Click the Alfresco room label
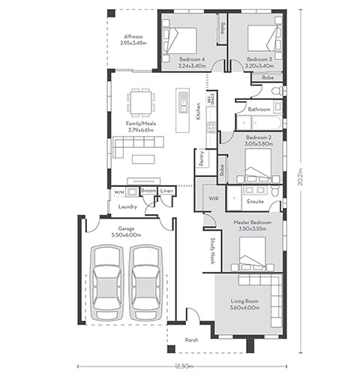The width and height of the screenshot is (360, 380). tap(133, 37)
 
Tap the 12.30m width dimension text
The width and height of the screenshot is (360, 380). tap(184, 366)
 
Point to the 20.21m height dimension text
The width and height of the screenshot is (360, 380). tap(300, 176)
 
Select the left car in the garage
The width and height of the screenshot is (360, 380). tap(107, 282)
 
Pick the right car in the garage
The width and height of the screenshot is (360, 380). tap(146, 282)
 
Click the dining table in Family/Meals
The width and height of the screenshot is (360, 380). tap(141, 102)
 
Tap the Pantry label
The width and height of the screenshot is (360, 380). tap(202, 158)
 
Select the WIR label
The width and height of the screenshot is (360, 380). tap(214, 198)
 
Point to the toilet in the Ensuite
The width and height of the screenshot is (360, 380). tap(275, 191)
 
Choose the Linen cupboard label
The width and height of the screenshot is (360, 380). tap(166, 191)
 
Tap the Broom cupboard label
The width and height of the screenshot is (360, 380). tap(148, 191)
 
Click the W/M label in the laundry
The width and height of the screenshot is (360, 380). tap(119, 192)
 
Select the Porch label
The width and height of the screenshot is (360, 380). tap(192, 340)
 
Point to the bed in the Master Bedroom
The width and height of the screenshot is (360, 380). tap(252, 253)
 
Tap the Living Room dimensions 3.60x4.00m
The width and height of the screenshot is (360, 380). tap(244, 307)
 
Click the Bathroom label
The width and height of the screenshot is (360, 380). tap(259, 110)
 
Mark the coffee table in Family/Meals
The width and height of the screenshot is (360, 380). tap(143, 159)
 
